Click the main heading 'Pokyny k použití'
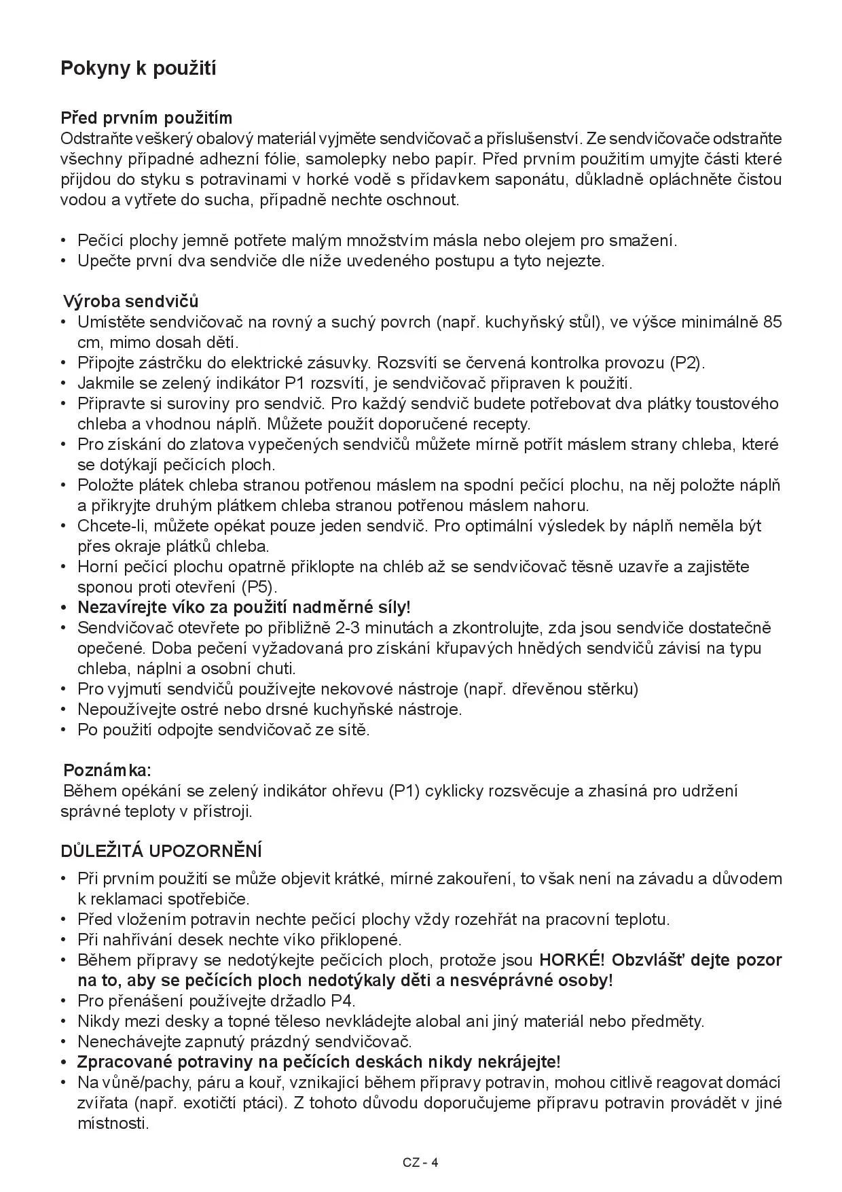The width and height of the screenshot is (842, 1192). click(139, 69)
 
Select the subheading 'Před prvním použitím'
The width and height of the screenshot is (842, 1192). click(147, 118)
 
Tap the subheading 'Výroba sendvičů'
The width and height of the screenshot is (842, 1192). click(131, 301)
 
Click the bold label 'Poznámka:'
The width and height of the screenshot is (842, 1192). click(107, 771)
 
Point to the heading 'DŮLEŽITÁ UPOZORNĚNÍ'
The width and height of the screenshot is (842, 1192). click(162, 852)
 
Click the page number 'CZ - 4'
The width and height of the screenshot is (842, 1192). click(420, 1162)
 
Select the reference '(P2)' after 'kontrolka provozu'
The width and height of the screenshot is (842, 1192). click(686, 363)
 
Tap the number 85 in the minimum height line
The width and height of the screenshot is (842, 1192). click(772, 322)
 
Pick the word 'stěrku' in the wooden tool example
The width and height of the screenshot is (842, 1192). click(610, 689)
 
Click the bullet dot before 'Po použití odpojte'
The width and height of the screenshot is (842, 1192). click(64, 731)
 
